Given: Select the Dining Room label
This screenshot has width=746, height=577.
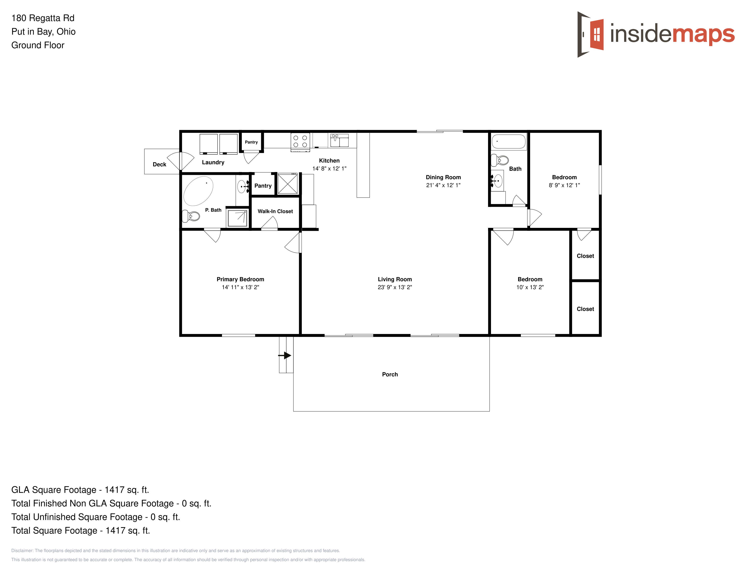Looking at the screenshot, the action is coord(443,177).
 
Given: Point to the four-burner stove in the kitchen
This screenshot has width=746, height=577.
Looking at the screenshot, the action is coord(300,142).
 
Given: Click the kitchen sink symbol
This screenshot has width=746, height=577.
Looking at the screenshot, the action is coord(339,141).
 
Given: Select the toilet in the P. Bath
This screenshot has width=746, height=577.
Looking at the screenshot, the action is coord(191,216).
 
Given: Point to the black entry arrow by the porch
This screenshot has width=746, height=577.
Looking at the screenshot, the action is coord(285,355).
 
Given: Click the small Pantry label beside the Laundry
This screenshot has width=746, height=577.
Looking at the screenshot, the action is coord(251,142).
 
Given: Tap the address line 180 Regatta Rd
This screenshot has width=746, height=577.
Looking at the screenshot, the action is coord(43,18).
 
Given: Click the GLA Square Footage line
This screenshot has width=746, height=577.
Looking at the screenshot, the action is coord(80,490).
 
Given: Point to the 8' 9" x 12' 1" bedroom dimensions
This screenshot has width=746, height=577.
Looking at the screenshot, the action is coord(564,185).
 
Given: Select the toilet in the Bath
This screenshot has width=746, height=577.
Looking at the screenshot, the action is coord(500,160).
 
